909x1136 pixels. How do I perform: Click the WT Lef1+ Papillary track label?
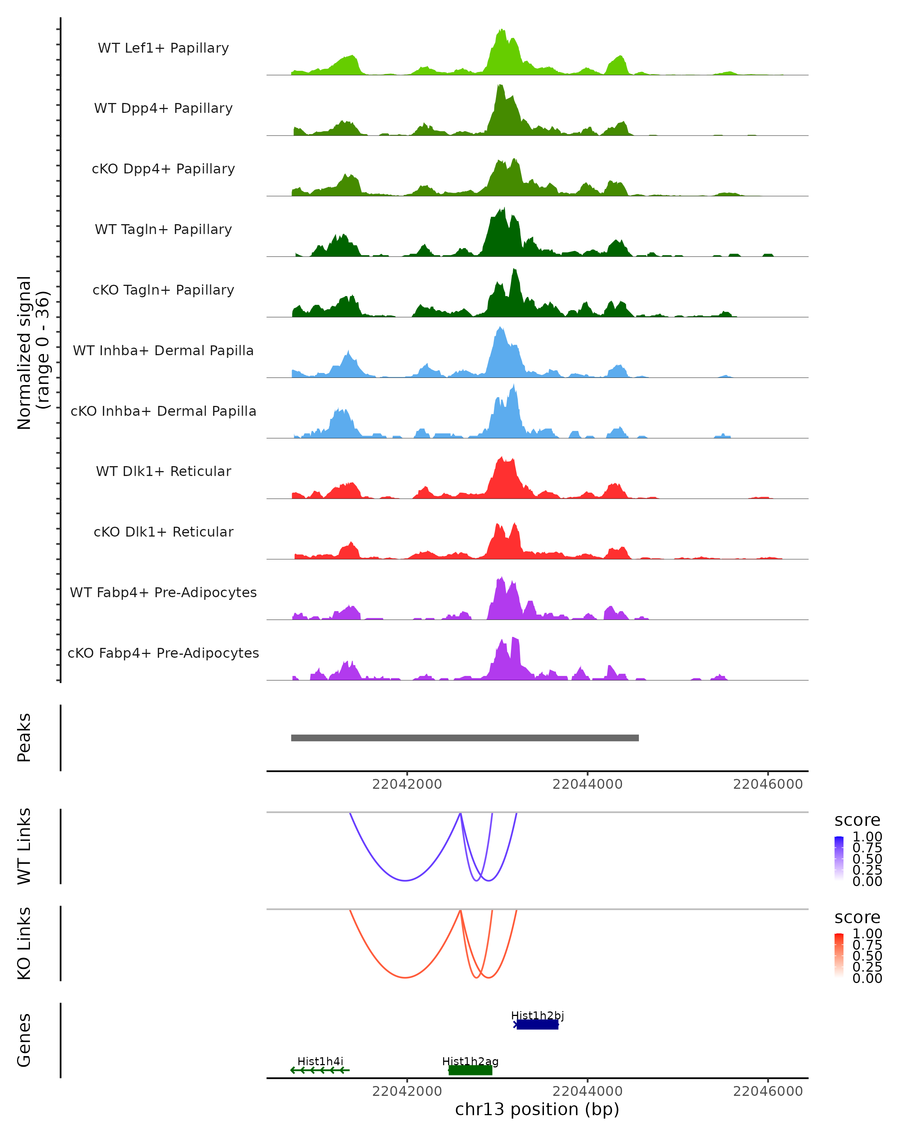(x=163, y=48)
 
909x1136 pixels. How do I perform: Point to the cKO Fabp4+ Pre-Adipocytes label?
(x=163, y=653)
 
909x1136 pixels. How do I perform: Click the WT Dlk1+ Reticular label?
(x=163, y=471)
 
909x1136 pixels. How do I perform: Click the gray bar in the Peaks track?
(x=464, y=738)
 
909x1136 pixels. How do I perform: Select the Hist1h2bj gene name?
(x=537, y=1015)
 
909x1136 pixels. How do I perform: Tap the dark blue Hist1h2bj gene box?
(x=537, y=1024)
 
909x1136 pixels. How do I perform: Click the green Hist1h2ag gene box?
(x=470, y=1070)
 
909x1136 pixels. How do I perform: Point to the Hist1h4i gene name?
(x=320, y=1061)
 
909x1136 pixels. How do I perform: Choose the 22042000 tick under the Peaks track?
(x=407, y=784)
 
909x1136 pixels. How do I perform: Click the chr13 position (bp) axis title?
(x=537, y=1109)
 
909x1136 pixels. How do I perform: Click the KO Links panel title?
(x=24, y=943)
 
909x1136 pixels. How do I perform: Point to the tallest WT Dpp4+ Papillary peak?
(x=498, y=87)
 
